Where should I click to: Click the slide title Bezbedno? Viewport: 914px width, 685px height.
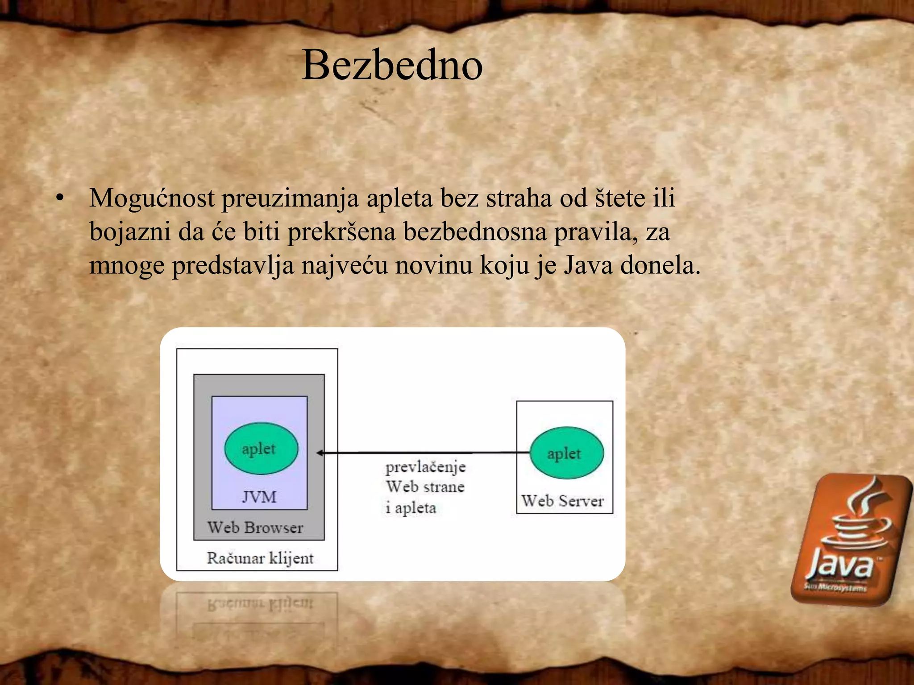click(x=392, y=66)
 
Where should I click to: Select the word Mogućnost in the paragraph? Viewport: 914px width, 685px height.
click(x=152, y=198)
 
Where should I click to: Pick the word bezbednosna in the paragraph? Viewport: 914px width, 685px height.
click(x=475, y=231)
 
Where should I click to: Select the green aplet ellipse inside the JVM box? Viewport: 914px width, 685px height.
click(x=261, y=448)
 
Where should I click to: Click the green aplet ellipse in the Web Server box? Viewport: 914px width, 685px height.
click(x=566, y=453)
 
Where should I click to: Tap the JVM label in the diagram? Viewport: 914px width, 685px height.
click(x=259, y=497)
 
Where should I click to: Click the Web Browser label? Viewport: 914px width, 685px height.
click(x=255, y=528)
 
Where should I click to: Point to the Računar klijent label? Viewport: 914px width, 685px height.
click(x=260, y=558)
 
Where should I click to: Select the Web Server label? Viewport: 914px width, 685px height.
click(x=562, y=501)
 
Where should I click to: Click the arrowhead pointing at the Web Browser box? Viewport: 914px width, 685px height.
click(x=320, y=453)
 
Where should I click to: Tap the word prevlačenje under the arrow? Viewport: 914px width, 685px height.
click(x=425, y=467)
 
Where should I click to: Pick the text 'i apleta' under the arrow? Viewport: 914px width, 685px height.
click(x=411, y=508)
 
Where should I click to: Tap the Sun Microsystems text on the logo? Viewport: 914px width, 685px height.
click(x=835, y=587)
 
